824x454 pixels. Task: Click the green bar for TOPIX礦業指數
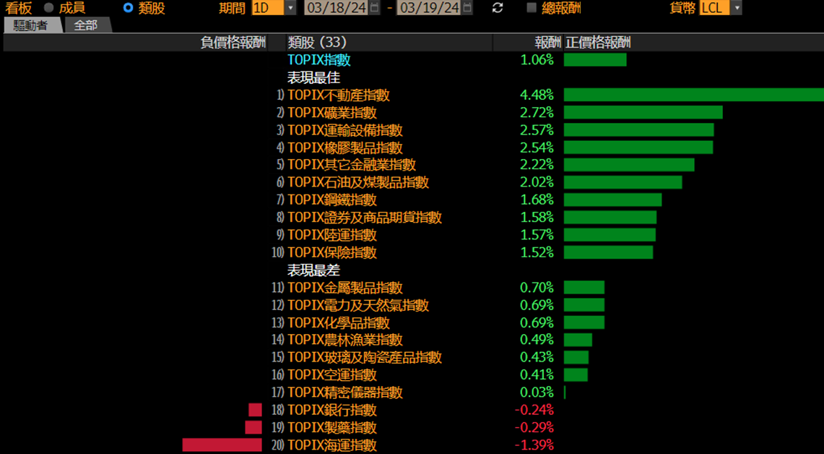(643, 113)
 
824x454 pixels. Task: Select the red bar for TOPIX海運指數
(222, 445)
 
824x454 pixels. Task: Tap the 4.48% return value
(537, 95)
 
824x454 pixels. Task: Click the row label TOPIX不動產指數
(339, 95)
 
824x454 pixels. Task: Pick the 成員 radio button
(49, 8)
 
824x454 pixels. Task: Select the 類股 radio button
(128, 8)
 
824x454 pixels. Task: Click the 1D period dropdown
(274, 8)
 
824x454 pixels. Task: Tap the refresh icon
(497, 8)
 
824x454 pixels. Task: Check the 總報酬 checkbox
(532, 8)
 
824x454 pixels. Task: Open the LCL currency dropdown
(721, 8)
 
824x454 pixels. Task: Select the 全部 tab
(86, 25)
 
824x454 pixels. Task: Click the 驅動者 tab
(32, 25)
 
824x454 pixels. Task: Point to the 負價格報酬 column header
(233, 43)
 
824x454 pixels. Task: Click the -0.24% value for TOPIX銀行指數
(534, 410)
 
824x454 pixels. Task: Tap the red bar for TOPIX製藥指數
(253, 427)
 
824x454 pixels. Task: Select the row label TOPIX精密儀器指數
(344, 393)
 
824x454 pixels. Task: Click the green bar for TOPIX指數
(595, 60)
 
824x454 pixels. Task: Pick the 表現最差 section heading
(313, 270)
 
